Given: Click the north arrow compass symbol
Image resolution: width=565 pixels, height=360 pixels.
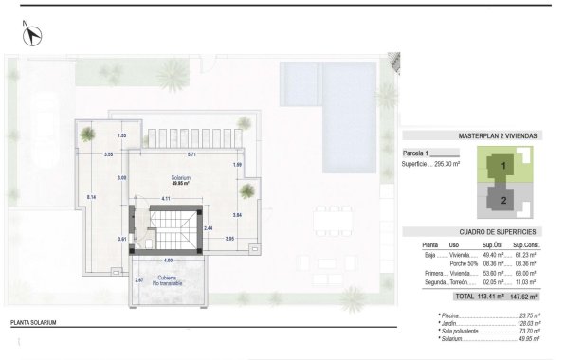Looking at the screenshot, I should click(x=34, y=35).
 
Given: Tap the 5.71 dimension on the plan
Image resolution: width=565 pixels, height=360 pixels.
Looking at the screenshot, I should click(x=191, y=154).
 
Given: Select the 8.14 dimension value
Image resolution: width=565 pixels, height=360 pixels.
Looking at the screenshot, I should click(x=91, y=196).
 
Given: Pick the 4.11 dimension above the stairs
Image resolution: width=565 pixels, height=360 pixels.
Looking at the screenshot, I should click(x=165, y=198).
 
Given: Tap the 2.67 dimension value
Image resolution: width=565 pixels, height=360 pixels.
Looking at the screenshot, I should click(x=138, y=280).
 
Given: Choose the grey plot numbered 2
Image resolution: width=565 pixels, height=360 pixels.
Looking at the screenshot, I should click(x=502, y=201).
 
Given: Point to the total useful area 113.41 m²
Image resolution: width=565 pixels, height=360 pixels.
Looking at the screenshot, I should click(x=491, y=295).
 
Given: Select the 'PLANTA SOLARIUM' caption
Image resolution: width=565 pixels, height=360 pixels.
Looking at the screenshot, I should click(x=34, y=324).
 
